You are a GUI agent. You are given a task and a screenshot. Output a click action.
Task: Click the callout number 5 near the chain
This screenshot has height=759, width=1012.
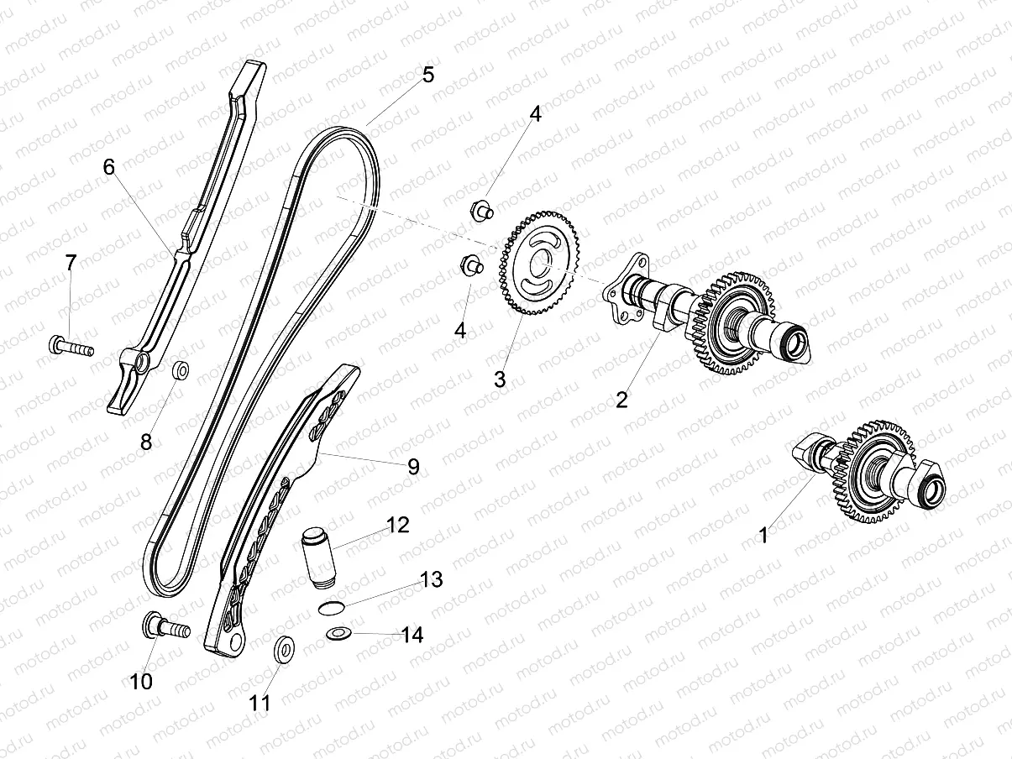[x=428, y=75]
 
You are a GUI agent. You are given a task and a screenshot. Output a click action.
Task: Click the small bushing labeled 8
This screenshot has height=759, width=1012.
[x=180, y=369]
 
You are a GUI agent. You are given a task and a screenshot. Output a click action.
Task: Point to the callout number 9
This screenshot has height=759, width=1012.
[x=413, y=467]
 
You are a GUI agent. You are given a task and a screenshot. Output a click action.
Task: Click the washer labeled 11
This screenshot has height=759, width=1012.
[x=285, y=648]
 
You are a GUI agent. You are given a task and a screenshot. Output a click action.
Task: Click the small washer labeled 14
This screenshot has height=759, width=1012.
[x=338, y=632]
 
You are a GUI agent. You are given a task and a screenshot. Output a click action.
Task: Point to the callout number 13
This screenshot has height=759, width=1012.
[x=431, y=579]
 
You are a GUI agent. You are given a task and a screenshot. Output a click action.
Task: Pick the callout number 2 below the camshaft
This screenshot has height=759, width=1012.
[x=621, y=400]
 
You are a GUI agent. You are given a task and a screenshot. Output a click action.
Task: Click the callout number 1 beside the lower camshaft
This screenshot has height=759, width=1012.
[x=763, y=535]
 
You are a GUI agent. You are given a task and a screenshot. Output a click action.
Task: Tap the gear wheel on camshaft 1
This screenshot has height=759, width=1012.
[x=871, y=471]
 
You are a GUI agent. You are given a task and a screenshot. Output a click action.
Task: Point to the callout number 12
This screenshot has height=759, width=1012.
[x=397, y=526]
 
